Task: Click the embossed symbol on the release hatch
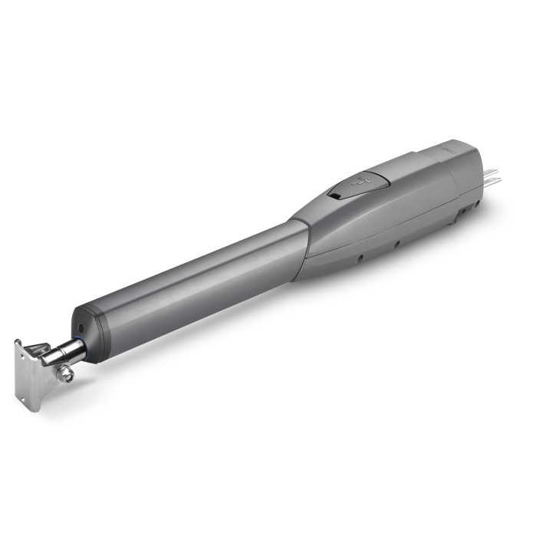[x=360, y=182]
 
